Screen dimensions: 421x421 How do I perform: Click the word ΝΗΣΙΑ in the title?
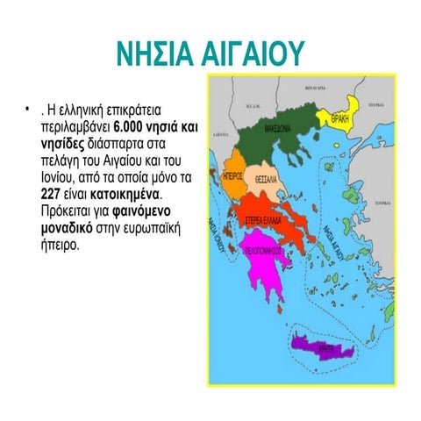(x=157, y=53)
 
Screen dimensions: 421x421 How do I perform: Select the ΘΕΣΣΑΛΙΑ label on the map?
(x=267, y=179)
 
